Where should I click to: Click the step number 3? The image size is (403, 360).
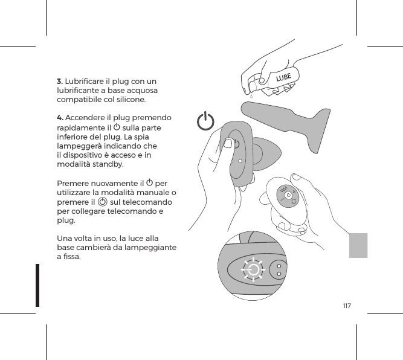[60, 82]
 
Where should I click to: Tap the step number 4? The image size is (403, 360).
[60, 118]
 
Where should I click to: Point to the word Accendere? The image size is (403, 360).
[86, 118]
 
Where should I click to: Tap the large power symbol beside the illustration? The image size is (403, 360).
[206, 121]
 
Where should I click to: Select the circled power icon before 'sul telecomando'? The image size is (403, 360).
[103, 202]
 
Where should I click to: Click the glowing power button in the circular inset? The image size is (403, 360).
[253, 269]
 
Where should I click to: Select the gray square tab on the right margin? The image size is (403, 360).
[358, 245]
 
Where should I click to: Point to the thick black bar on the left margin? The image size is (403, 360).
[37, 284]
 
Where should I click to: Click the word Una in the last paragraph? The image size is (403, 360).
[65, 238]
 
